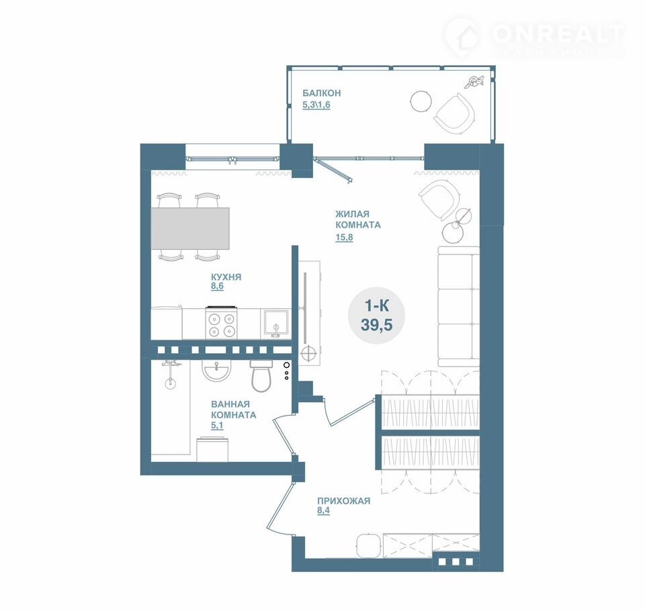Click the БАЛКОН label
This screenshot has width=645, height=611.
click(x=322, y=93)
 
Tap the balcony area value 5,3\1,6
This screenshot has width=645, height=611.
click(x=316, y=105)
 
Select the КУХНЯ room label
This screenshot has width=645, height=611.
click(x=226, y=277)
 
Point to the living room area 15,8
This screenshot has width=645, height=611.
click(x=344, y=237)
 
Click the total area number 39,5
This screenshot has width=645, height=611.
click(x=376, y=325)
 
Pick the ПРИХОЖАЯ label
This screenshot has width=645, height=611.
click(x=343, y=501)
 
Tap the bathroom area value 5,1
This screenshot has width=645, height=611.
click(x=217, y=426)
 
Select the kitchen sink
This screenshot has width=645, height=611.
click(x=275, y=324)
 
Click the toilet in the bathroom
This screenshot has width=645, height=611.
click(x=261, y=376)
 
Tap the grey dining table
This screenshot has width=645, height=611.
click(x=190, y=228)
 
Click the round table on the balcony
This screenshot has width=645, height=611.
click(x=421, y=100)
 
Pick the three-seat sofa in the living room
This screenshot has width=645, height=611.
click(x=458, y=306)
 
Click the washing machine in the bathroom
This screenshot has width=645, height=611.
click(x=212, y=449)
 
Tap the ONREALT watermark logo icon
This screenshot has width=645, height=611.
click(x=462, y=38)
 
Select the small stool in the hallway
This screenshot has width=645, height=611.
click(x=368, y=546)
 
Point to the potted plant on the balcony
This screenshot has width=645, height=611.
click(x=474, y=81)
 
